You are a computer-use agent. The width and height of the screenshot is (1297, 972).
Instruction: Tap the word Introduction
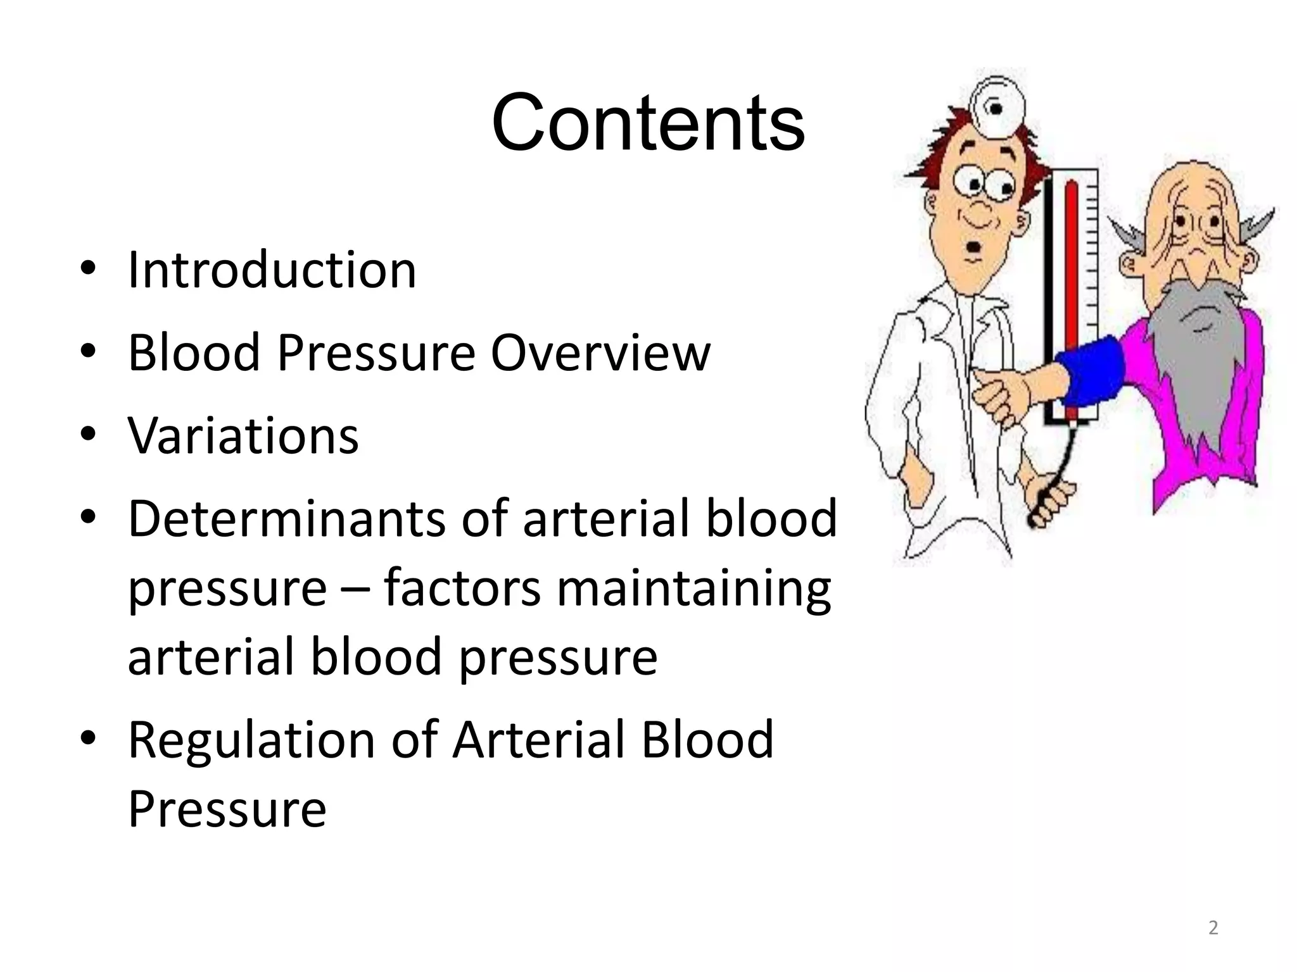pos(272,270)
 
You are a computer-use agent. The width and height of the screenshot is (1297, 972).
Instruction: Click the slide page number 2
pos(1213,928)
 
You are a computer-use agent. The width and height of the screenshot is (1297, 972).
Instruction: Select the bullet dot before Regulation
pos(88,739)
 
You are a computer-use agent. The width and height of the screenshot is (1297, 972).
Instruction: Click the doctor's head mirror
pos(996,109)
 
